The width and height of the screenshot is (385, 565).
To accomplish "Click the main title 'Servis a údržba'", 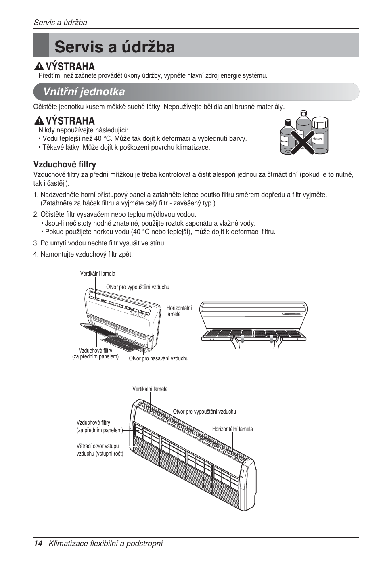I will tap(115, 47).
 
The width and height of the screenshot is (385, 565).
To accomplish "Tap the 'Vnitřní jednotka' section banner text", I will tap(84, 92).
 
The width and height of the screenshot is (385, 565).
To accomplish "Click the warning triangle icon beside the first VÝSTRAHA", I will tap(39, 66).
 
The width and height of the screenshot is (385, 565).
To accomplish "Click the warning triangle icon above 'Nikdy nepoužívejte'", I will tap(39, 121).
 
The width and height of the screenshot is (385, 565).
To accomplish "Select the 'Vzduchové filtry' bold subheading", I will tap(65, 165).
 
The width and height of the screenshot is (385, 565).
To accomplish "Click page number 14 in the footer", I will tap(38, 544).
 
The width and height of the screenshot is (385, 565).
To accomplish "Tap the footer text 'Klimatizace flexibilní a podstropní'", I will tap(106, 544).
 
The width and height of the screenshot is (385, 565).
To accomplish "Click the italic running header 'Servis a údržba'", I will tap(60, 23).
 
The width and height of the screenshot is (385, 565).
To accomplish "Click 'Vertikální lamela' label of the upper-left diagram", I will tap(98, 274).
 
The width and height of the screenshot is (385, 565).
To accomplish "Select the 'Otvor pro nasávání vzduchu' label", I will tap(159, 358).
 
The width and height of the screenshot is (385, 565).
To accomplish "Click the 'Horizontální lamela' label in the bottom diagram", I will tap(232, 429).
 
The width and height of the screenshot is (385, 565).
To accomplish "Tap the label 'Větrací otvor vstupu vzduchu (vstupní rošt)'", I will tap(100, 450).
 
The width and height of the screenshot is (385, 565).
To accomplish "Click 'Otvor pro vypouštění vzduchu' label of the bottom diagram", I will tap(204, 412).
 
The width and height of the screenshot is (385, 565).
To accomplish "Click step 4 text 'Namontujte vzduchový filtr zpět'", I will tap(86, 254).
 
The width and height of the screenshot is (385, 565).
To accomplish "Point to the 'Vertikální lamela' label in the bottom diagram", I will tap(150, 389).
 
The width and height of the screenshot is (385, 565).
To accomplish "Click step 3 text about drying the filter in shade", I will tap(103, 243).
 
